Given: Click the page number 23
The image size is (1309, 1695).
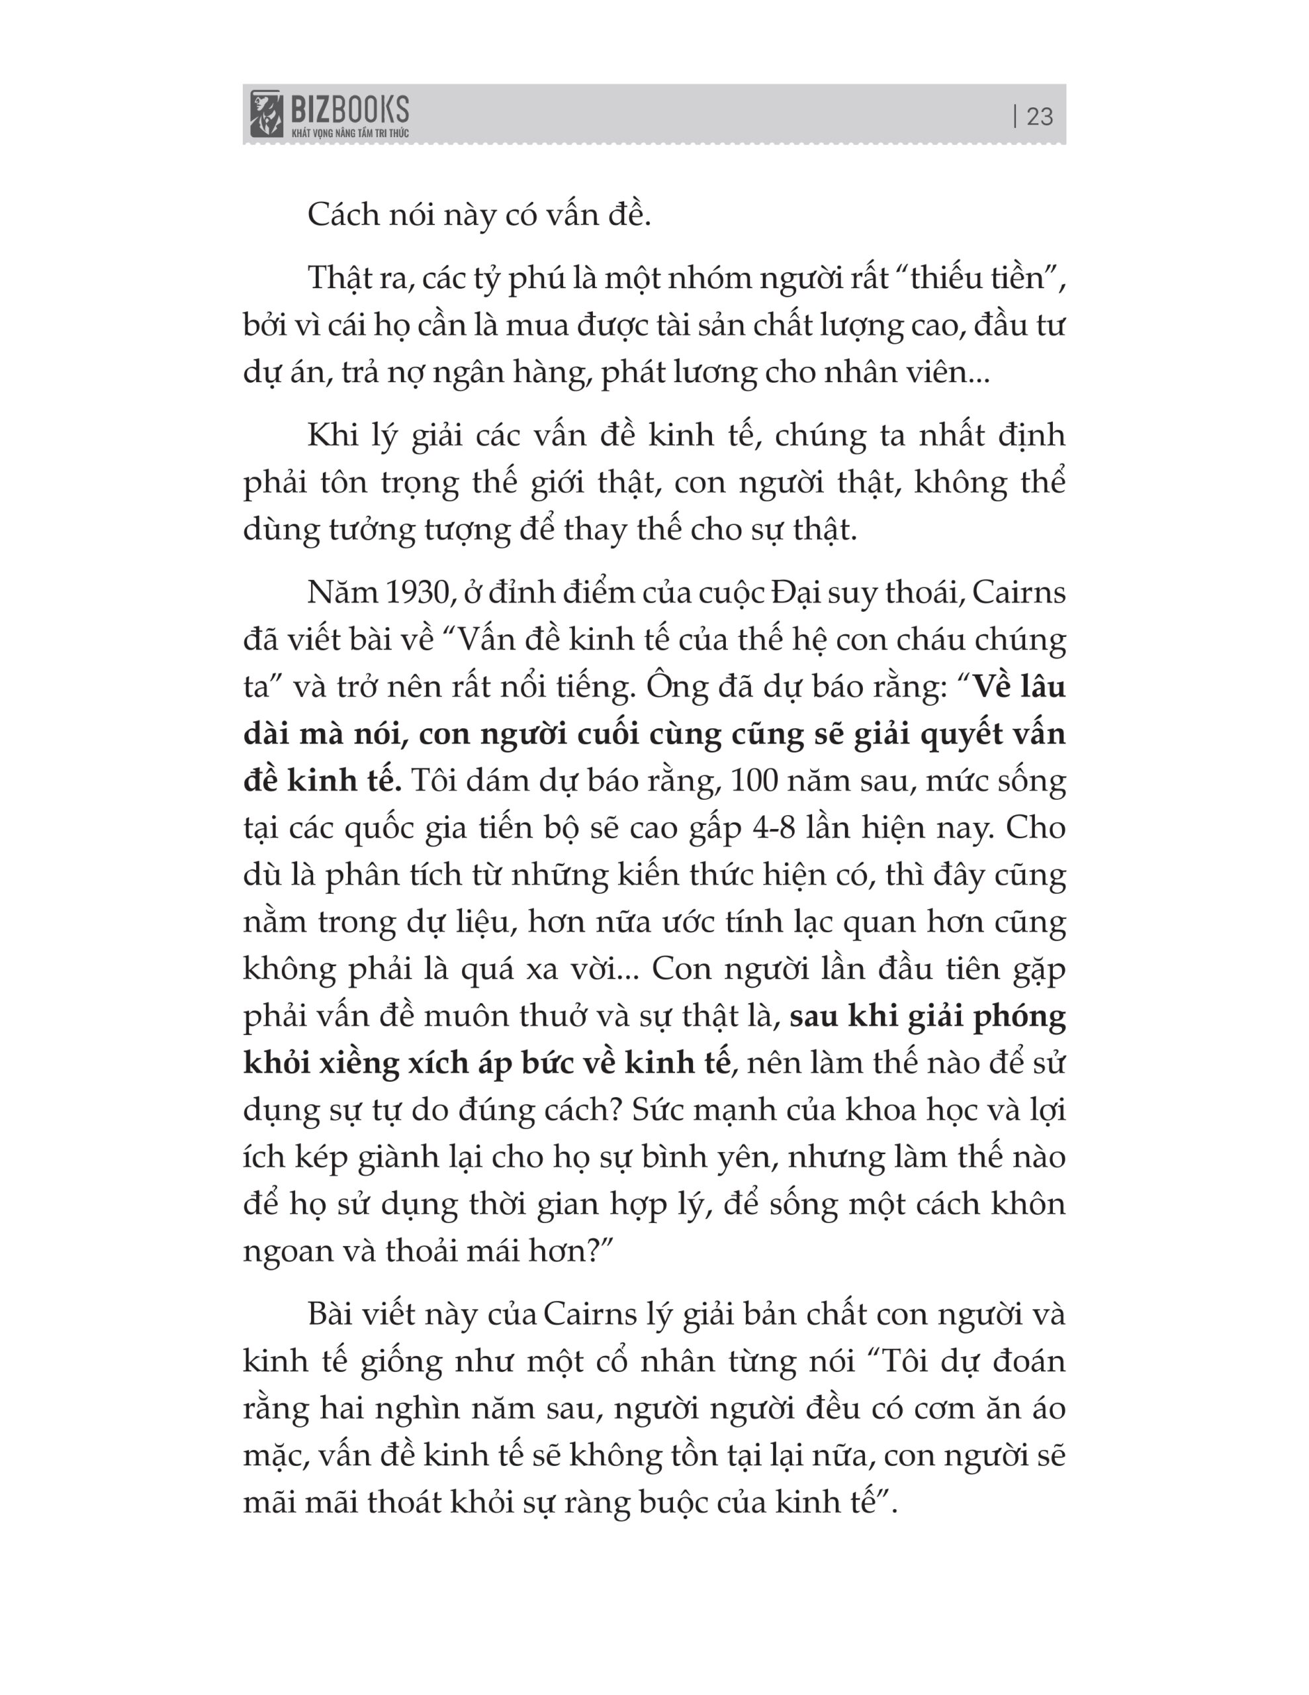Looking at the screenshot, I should click(x=1039, y=117).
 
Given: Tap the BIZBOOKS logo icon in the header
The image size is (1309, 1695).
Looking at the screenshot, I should click(x=266, y=113).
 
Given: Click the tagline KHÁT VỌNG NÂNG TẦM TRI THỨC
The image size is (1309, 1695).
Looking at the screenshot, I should click(x=350, y=132).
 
